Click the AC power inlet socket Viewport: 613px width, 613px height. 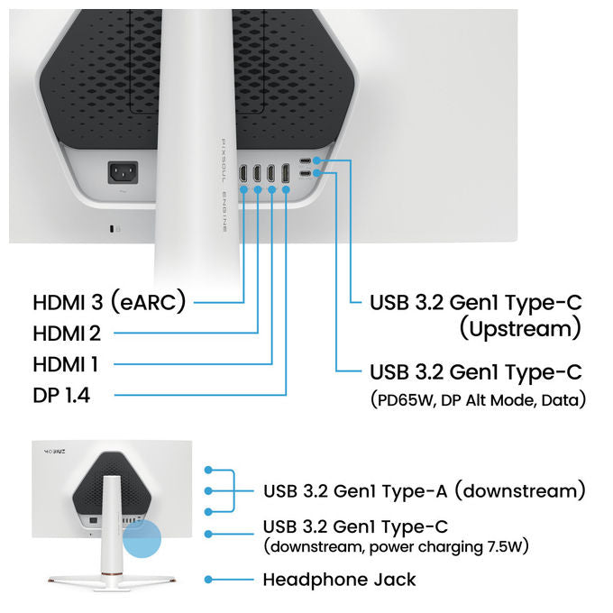[124, 172]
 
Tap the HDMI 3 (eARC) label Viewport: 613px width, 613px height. [109, 302]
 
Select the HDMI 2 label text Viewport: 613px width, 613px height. [67, 334]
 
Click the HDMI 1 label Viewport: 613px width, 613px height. [65, 364]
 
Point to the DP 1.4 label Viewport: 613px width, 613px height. [61, 395]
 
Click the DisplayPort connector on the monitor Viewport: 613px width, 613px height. [286, 173]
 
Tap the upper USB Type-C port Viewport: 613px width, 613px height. [306, 160]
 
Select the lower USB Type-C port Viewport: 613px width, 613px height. [306, 173]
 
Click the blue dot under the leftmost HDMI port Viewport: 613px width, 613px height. [243, 189]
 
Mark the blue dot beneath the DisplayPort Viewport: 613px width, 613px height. [286, 189]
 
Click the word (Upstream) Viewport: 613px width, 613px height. [520, 329]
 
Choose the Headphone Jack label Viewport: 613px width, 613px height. [339, 580]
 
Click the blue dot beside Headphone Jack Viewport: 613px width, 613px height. [208, 580]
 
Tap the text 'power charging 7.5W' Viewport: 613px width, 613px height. [445, 546]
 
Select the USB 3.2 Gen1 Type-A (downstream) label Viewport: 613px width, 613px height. [425, 491]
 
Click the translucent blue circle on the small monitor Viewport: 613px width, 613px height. [142, 538]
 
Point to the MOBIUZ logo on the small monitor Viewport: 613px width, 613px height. [54, 452]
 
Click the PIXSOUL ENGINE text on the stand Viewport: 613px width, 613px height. [224, 185]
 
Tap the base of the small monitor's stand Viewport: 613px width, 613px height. [112, 581]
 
